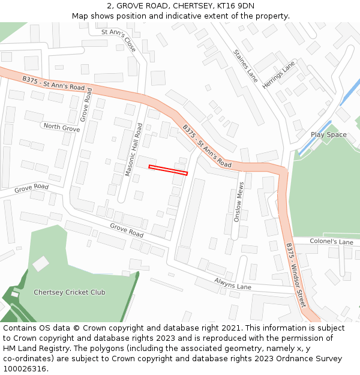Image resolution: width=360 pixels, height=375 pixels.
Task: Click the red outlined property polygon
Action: point(168,170)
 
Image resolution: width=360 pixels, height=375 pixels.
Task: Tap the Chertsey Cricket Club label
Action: point(69,292)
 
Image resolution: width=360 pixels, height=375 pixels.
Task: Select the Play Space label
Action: point(328,134)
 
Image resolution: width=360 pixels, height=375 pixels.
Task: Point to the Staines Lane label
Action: point(245,65)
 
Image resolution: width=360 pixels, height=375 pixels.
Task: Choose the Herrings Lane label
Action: point(279,75)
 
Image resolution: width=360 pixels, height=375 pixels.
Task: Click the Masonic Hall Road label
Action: point(133,149)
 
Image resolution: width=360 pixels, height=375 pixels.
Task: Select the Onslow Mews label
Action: point(238,202)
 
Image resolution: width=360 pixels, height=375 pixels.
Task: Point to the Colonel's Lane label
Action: point(331,241)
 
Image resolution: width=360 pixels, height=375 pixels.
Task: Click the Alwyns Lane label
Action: point(233,283)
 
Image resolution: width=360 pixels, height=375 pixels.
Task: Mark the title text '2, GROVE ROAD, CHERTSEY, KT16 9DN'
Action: point(180,6)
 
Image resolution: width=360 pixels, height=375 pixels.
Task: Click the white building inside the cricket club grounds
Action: point(41,263)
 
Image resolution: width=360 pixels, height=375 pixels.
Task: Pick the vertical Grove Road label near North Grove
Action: point(85,105)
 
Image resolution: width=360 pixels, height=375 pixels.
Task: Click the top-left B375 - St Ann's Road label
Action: point(53,83)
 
